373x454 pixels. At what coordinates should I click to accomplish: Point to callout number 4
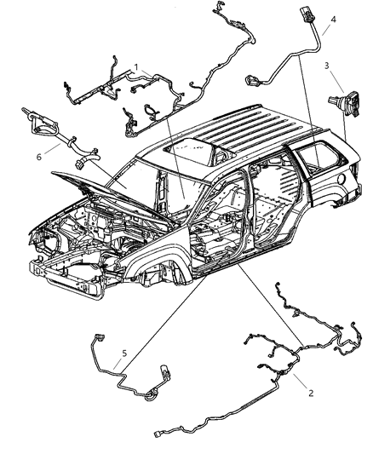click(333, 19)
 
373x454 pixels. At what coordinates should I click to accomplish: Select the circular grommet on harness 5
click(152, 394)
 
